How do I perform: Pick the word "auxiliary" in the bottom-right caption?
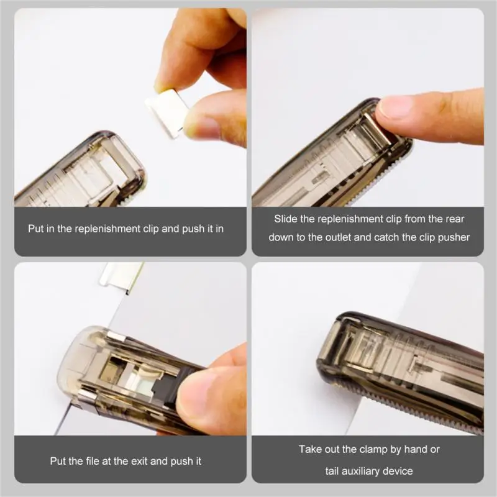pyautogui.click(x=365, y=471)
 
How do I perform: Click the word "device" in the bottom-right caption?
pyautogui.click(x=398, y=471)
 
